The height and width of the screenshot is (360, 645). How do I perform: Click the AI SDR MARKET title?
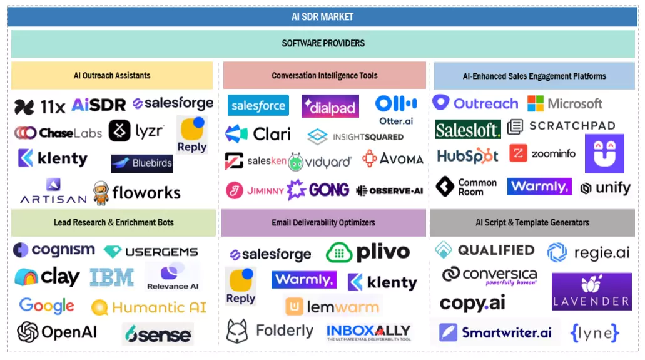(322, 17)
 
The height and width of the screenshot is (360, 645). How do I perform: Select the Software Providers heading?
(323, 43)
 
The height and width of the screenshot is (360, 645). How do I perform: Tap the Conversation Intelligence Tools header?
(324, 76)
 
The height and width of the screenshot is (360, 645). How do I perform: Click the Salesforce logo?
(258, 106)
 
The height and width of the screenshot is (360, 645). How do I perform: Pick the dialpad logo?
(330, 106)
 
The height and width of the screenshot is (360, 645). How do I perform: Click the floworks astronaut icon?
(101, 193)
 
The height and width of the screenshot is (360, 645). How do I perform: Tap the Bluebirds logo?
(142, 163)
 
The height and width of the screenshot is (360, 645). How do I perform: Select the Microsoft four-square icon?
(536, 103)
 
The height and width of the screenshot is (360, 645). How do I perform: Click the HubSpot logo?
(467, 155)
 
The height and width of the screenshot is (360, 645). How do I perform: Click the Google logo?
(47, 306)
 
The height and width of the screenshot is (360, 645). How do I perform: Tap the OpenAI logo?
(57, 332)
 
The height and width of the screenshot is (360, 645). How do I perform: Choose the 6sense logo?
(157, 334)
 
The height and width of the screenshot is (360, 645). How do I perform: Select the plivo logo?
(368, 252)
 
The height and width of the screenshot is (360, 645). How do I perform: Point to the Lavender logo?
(591, 292)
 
